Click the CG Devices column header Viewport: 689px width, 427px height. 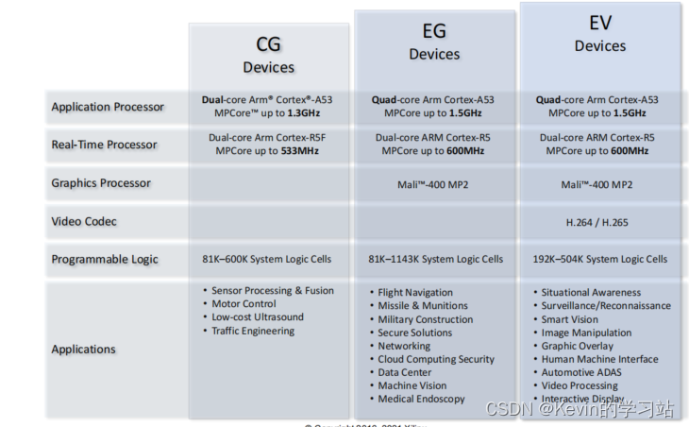(268, 55)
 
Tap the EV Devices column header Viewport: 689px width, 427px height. (600, 35)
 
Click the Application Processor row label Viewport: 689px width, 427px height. (108, 107)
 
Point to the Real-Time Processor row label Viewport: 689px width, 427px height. (104, 145)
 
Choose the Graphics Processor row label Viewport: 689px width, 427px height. (101, 183)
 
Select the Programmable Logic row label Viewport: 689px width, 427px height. (105, 259)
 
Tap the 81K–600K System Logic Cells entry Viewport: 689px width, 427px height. (268, 259)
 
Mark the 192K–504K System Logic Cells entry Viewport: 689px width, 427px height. (599, 259)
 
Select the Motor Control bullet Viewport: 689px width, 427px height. (244, 304)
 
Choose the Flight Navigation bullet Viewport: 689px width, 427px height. (415, 293)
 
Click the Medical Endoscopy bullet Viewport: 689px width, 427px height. (421, 399)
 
